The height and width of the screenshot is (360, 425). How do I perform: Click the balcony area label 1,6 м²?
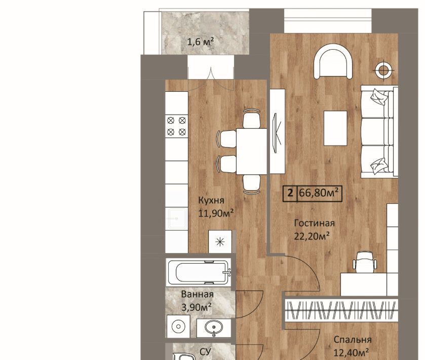tap(201, 42)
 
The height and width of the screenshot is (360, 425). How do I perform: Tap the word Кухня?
tap(211, 200)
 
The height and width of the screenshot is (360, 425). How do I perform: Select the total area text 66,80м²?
tap(319, 193)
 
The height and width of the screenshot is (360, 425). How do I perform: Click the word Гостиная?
tap(315, 223)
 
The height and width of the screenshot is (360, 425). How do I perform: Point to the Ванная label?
tap(198, 295)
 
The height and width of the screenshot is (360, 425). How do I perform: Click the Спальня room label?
tap(353, 340)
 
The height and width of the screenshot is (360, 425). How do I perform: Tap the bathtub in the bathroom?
tap(199, 272)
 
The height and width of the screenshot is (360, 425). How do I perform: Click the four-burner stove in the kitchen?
tap(176, 126)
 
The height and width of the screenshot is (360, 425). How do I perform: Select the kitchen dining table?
tap(252, 152)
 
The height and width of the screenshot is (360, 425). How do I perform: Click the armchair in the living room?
tap(333, 62)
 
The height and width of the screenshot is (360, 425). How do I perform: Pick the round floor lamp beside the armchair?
tap(382, 70)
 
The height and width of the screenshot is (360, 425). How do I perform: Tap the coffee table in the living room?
tap(335, 128)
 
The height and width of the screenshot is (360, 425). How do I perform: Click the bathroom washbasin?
tap(214, 328)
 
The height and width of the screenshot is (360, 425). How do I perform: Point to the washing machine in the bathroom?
tap(178, 327)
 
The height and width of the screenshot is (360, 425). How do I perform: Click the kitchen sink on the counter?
tap(177, 219)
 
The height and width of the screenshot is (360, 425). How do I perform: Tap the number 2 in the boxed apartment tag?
tap(291, 193)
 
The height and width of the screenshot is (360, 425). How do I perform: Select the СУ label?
tap(205, 352)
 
